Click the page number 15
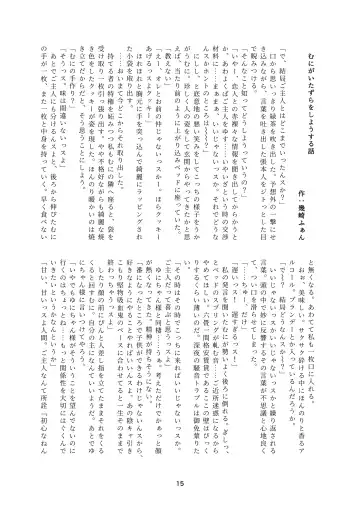click(180, 487)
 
